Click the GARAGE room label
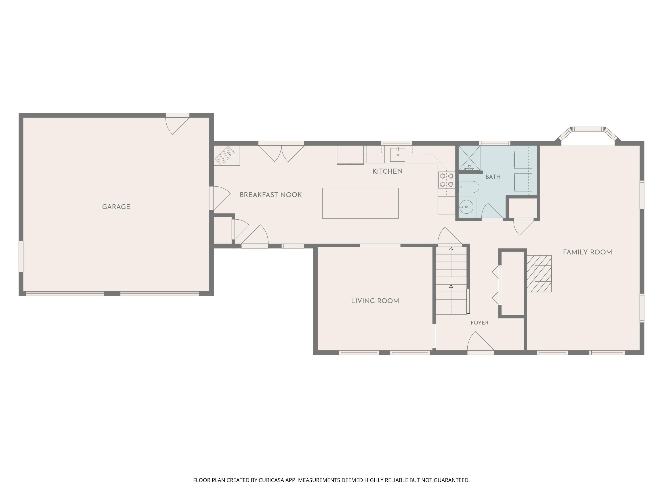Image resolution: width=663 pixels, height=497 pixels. coord(116,207)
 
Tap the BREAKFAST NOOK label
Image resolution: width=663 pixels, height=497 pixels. coord(271,195)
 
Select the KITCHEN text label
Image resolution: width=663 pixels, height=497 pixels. coord(387,171)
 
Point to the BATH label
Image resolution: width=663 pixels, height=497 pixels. coord(493,177)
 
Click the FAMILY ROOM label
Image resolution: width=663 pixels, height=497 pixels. coord(587,252)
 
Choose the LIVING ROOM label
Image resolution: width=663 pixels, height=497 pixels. coord(375,301)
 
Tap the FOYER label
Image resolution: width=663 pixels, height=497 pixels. coord(480,323)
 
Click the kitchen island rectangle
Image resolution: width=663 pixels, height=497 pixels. coord(360,203)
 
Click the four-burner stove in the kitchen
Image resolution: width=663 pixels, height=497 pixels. coord(447,180)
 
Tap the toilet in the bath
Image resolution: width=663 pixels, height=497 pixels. coord(469,187)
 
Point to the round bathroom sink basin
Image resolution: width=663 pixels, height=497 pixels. coord(466,207)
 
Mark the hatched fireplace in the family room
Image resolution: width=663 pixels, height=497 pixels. coord(539,273)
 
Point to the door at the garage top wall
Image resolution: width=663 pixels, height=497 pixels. coord(177,124)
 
